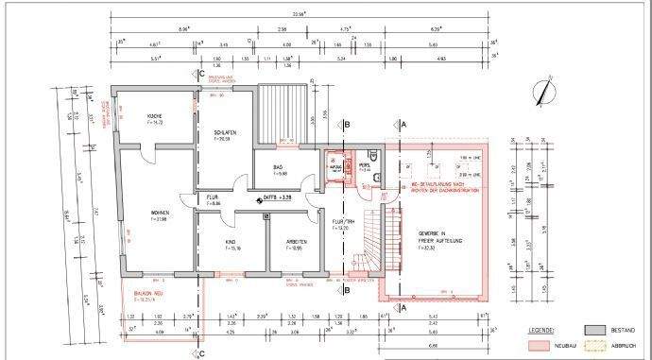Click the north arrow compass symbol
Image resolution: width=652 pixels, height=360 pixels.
coord(541,93)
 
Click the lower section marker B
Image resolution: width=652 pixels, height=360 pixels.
coord(348,290)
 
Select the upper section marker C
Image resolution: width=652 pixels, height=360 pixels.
coord(202,73)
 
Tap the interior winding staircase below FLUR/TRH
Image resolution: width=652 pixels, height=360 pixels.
coord(364,246)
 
